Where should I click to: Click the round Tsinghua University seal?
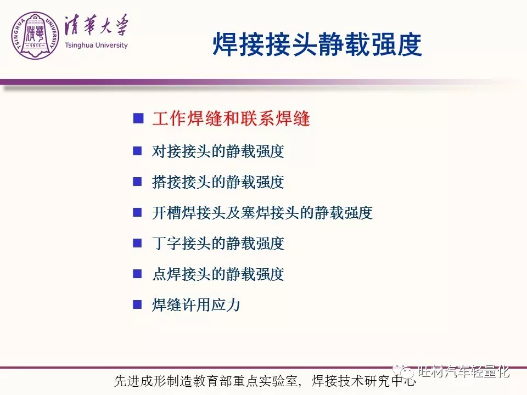point(35,36)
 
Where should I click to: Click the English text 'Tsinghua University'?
point(96,46)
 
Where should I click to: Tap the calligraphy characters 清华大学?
point(96,25)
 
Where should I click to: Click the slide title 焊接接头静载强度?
point(317,44)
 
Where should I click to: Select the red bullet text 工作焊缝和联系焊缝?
point(231,119)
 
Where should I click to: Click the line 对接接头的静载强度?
point(218,151)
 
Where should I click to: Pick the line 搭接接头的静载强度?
point(218,182)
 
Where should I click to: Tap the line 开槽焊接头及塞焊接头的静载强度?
point(262,213)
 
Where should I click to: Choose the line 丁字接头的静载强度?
point(218,243)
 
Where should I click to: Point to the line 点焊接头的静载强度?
point(218,274)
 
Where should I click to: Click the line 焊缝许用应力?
point(196,304)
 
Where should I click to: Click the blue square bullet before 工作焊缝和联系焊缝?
point(138,119)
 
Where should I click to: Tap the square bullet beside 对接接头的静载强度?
point(137,150)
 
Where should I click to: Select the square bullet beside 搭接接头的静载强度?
point(137,182)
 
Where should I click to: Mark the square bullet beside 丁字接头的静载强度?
point(137,243)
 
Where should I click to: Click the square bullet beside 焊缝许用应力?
point(137,304)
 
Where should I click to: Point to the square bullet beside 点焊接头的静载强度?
point(137,274)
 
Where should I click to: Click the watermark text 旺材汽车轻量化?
point(464,371)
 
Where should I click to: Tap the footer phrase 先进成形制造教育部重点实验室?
point(206,381)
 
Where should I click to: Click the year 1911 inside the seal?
point(35,46)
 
